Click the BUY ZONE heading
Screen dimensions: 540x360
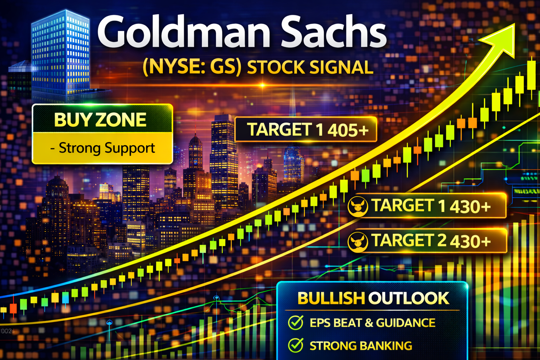click(x=100, y=120)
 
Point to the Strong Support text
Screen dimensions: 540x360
click(x=102, y=148)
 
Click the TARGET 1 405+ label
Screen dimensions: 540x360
click(x=308, y=130)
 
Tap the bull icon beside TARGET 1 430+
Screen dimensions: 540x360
click(x=358, y=207)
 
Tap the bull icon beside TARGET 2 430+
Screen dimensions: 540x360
click(x=358, y=242)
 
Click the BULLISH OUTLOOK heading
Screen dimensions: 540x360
click(x=373, y=298)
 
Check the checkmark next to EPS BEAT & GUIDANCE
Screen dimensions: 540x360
click(x=296, y=322)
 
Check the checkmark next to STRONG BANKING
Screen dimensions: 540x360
click(x=296, y=345)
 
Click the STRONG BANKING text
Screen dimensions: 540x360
click(x=361, y=346)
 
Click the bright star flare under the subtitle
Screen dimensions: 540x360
click(x=263, y=85)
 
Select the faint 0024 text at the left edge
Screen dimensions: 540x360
click(x=7, y=331)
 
